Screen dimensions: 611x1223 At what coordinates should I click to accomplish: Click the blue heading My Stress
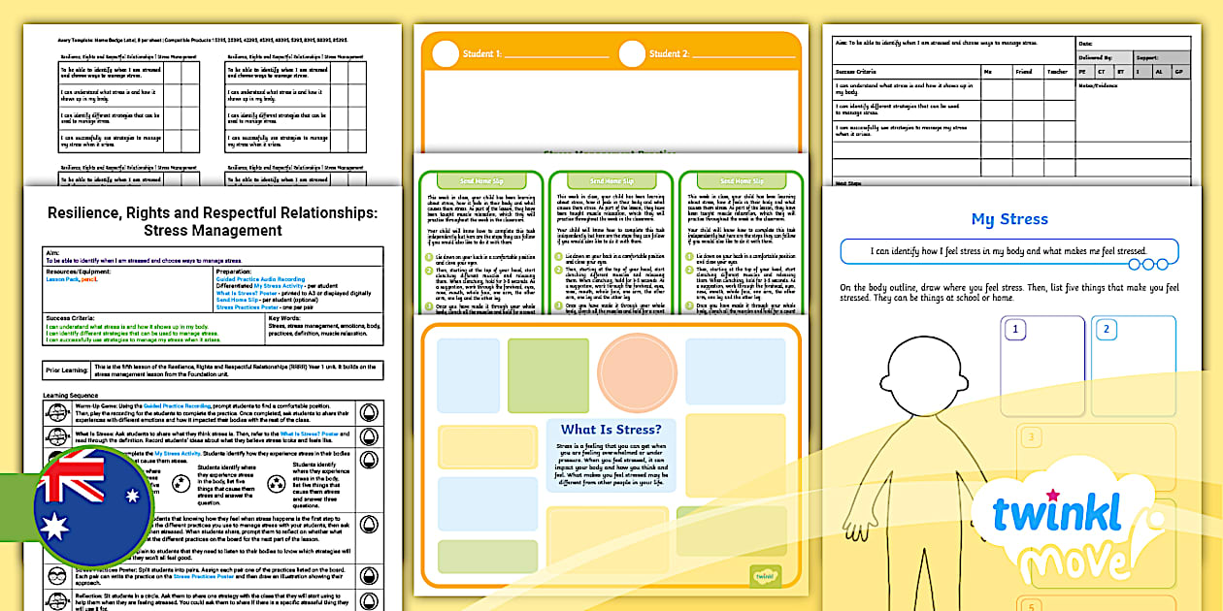coord(1009,219)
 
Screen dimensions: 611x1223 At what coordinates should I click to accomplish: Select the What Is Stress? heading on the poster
coord(611,430)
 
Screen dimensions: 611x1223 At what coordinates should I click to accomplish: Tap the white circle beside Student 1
coord(446,54)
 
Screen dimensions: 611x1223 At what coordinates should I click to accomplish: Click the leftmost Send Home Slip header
coord(480,181)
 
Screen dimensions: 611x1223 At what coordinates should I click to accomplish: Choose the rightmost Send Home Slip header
coord(742,181)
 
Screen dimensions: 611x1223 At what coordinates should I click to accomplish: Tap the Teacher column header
coord(1056,72)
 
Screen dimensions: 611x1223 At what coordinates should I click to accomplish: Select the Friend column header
coord(1024,72)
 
